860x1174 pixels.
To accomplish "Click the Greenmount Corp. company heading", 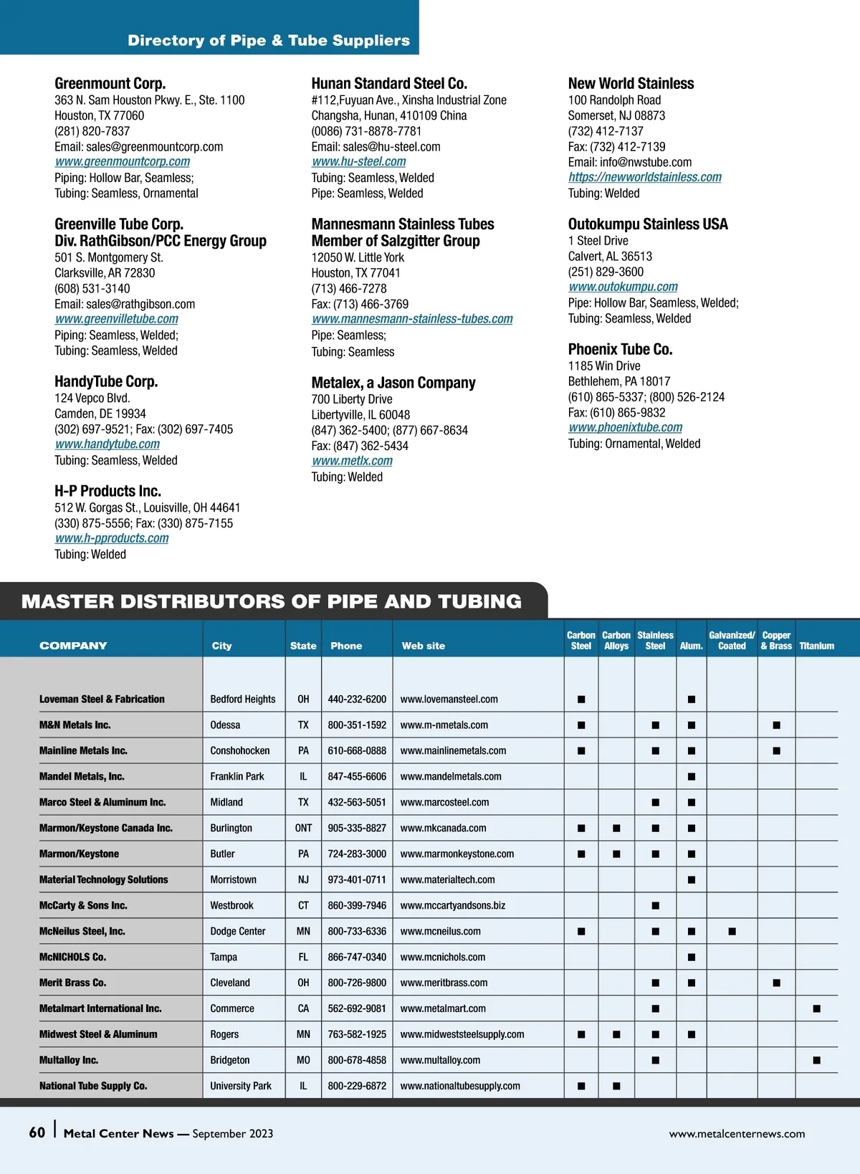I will pos(110,83).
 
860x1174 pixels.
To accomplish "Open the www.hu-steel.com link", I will pos(359,162).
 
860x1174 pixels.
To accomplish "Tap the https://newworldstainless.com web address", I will pos(645,177).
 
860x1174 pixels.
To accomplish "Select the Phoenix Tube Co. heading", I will pos(620,349).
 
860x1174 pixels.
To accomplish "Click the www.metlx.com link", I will pos(352,461).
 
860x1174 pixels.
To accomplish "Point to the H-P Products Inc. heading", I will pos(107,491).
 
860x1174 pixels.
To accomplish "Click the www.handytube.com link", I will pos(107,444).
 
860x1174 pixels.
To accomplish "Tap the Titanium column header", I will pos(816,646).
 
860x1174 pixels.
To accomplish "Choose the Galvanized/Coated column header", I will pos(732,640).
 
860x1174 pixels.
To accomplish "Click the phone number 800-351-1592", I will pos(357,725).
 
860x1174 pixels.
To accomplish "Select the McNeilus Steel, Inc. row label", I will pos(82,931).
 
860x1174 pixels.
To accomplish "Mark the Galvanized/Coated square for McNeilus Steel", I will pos(732,932).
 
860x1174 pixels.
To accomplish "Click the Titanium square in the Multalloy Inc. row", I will pos(816,1060).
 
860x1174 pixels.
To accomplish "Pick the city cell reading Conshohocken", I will pos(240,751).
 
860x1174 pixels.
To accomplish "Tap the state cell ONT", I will pos(303,828).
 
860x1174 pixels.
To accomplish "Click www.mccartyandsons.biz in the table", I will pos(452,906).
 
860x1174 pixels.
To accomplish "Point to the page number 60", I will pos(37,1132).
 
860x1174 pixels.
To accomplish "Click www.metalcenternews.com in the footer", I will pos(737,1134).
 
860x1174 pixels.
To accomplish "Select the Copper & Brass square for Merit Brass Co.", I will pos(776,983).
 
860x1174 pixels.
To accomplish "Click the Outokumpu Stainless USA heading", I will pos(648,224).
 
